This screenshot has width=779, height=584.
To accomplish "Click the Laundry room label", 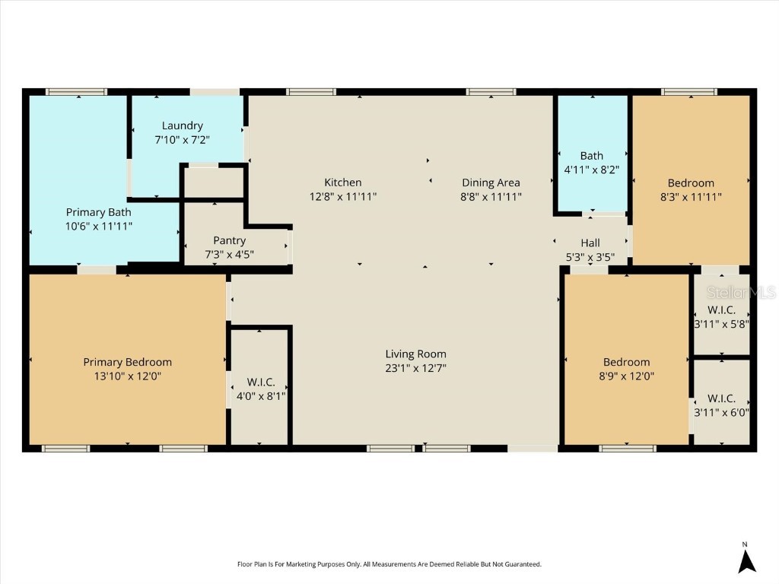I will (182, 125).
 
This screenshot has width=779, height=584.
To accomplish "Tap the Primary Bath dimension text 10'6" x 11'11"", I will (98, 226).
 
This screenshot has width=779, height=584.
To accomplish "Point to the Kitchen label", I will (342, 182).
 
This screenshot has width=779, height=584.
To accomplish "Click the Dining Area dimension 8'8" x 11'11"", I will (491, 196).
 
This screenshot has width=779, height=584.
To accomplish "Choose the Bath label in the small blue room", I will (591, 156).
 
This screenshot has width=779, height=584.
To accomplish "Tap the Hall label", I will (590, 243).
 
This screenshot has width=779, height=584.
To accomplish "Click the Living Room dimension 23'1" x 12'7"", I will (415, 368).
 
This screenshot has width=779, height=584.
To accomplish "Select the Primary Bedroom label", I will (127, 362).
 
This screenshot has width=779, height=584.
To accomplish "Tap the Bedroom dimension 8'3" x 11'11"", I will (691, 196).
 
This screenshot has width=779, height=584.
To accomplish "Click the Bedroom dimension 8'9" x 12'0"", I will (626, 376).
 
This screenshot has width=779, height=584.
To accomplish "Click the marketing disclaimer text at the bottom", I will (389, 564).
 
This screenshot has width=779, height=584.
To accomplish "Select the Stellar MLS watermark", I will (741, 292).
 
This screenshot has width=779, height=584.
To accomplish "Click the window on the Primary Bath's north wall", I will (76, 92).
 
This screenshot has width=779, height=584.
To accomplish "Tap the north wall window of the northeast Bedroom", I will (688, 92).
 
